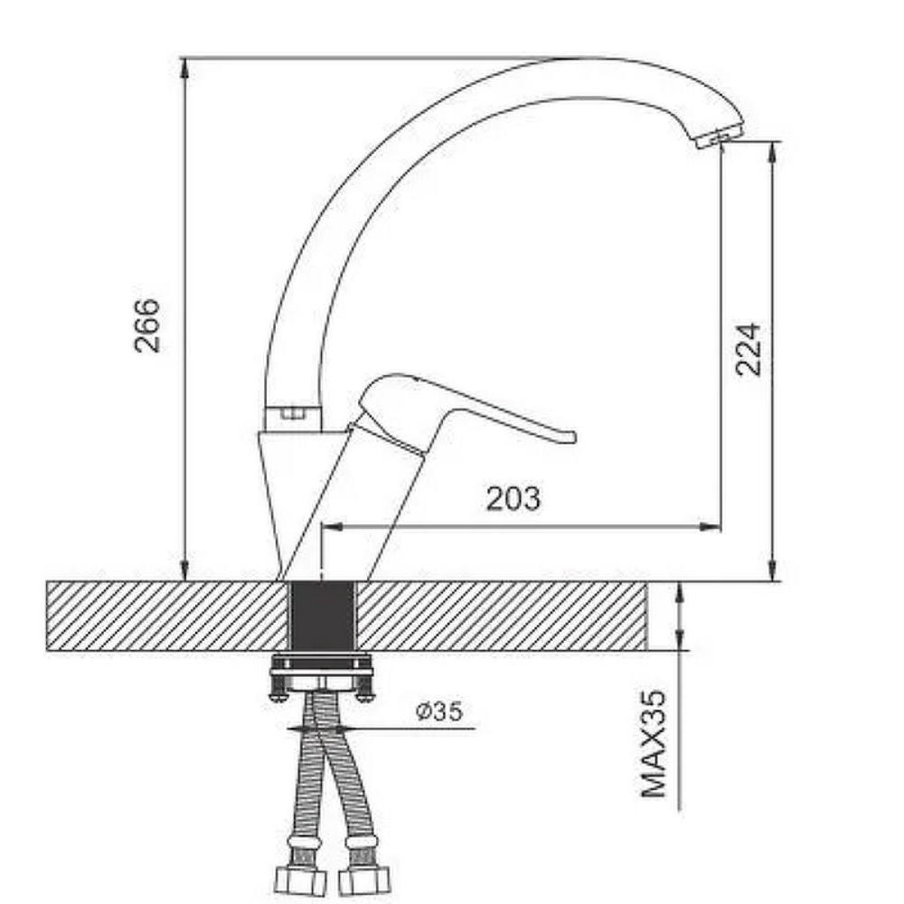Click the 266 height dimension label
pos(146,325)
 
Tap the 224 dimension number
pos(748,350)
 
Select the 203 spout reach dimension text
pos(513,499)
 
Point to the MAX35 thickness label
pos(653,744)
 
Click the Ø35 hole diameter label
pos(439,711)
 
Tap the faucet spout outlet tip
pos(719,137)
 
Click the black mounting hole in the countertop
pos(321,617)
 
